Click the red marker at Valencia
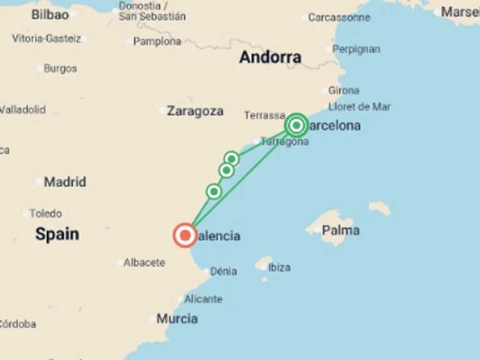click(185, 236)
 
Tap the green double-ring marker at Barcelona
click(297, 126)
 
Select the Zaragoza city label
click(195, 111)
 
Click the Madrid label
click(65, 182)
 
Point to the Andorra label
click(270, 57)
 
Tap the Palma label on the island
click(341, 231)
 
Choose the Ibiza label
click(279, 267)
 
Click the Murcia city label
click(177, 319)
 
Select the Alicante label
click(203, 299)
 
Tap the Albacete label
click(144, 262)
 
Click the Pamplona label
click(157, 41)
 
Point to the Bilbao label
click(50, 14)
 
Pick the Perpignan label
click(356, 49)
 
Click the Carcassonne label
click(339, 17)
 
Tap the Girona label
click(344, 91)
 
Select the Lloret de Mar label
click(359, 107)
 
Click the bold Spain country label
click(57, 234)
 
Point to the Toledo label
click(46, 214)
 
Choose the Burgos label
click(61, 69)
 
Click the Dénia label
click(224, 271)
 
